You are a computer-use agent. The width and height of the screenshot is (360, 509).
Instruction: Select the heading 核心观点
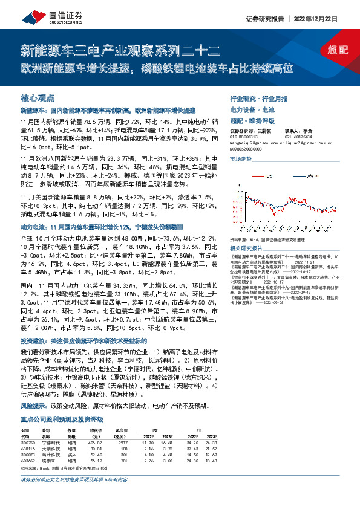[x=38, y=97]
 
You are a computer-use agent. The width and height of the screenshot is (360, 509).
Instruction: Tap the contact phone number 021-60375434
[x=298, y=136]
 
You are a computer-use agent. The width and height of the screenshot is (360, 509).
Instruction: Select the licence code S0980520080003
[x=246, y=147]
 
